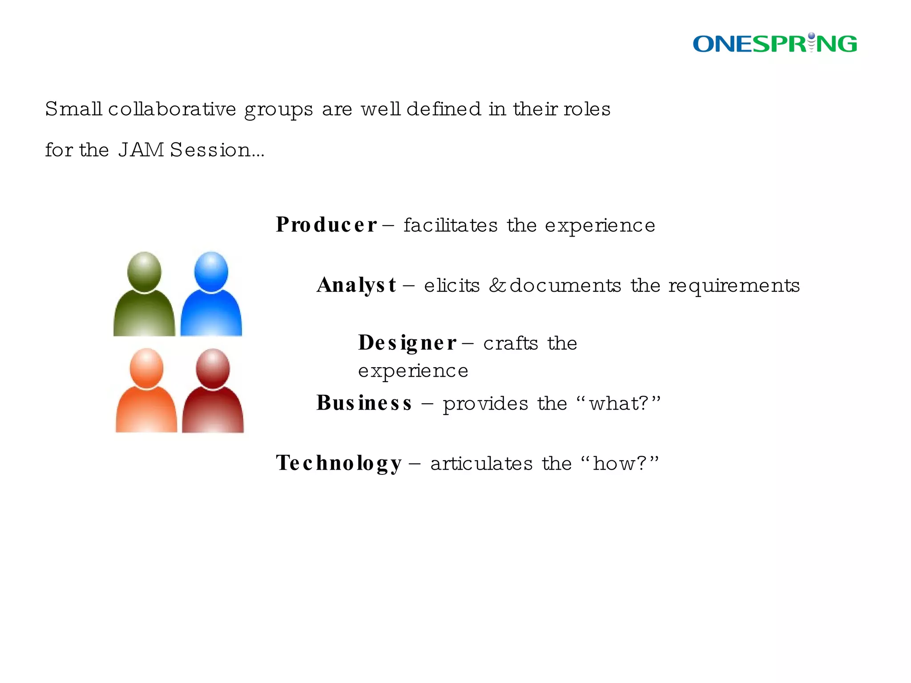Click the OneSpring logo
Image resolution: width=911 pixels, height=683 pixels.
(x=774, y=44)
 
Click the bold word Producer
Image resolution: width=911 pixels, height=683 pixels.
(x=326, y=225)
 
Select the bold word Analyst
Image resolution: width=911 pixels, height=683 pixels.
(x=356, y=285)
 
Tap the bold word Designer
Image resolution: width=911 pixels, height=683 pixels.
(x=407, y=343)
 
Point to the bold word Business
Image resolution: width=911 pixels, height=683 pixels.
(x=364, y=403)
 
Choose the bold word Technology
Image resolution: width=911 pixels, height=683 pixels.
(x=339, y=463)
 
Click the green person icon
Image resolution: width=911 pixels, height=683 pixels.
(x=144, y=294)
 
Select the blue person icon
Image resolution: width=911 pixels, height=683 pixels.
(x=211, y=294)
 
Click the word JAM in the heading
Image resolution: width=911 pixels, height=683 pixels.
(x=141, y=150)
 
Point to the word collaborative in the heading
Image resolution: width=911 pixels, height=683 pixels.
(x=172, y=109)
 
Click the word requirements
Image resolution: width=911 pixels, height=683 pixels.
(x=734, y=286)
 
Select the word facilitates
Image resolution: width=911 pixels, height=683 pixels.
(x=450, y=225)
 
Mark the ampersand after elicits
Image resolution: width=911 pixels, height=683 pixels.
(x=497, y=285)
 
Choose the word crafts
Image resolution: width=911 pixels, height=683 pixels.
(x=511, y=343)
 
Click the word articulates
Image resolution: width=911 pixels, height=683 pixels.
(x=481, y=464)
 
